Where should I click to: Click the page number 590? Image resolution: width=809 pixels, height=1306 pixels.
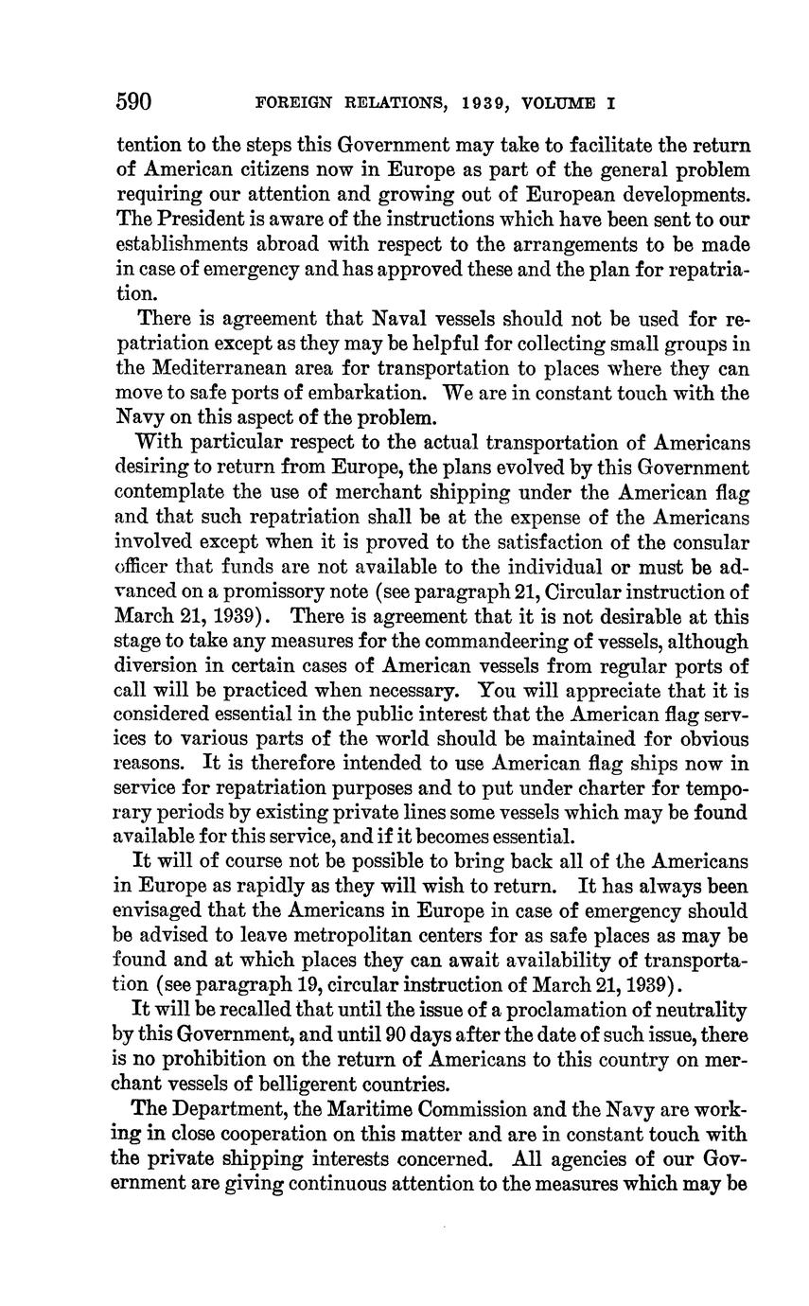coord(133,101)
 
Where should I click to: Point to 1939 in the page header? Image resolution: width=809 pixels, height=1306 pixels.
coord(486,103)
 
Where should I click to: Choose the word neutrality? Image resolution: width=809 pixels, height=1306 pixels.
coord(700,1010)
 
